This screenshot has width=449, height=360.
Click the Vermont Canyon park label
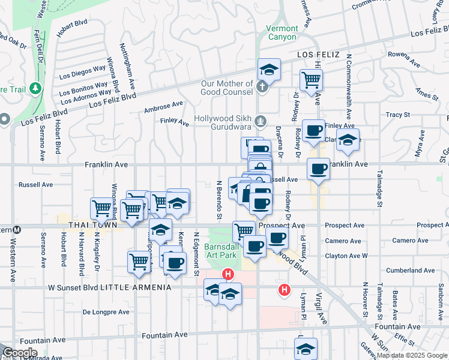pos(282,32)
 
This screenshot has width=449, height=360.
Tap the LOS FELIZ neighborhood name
pos(319,55)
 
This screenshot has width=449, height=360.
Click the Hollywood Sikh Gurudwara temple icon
pos(260,121)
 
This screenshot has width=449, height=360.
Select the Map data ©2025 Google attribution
pos(412,355)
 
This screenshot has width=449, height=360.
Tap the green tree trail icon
pos(35,89)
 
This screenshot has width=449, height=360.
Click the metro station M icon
pos(17,229)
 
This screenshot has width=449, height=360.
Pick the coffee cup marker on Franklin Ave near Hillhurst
pos(318,169)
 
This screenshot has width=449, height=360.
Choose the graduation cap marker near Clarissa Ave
pos(348,140)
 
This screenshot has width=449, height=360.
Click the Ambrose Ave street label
pos(163,107)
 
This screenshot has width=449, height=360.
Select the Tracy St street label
pos(397,114)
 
